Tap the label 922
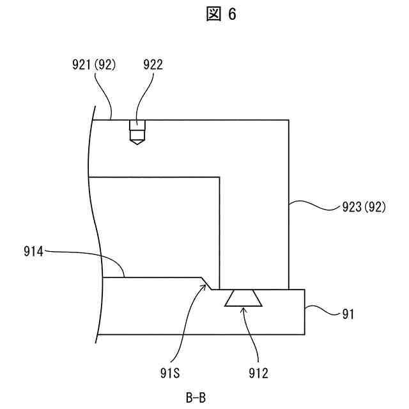click(x=153, y=65)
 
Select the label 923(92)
click(x=361, y=208)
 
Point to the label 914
click(x=32, y=252)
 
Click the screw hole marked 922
click(x=136, y=130)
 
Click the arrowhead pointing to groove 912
click(x=243, y=309)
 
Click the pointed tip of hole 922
click(x=136, y=145)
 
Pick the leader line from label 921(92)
click(x=104, y=96)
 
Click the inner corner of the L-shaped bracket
click(x=220, y=177)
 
